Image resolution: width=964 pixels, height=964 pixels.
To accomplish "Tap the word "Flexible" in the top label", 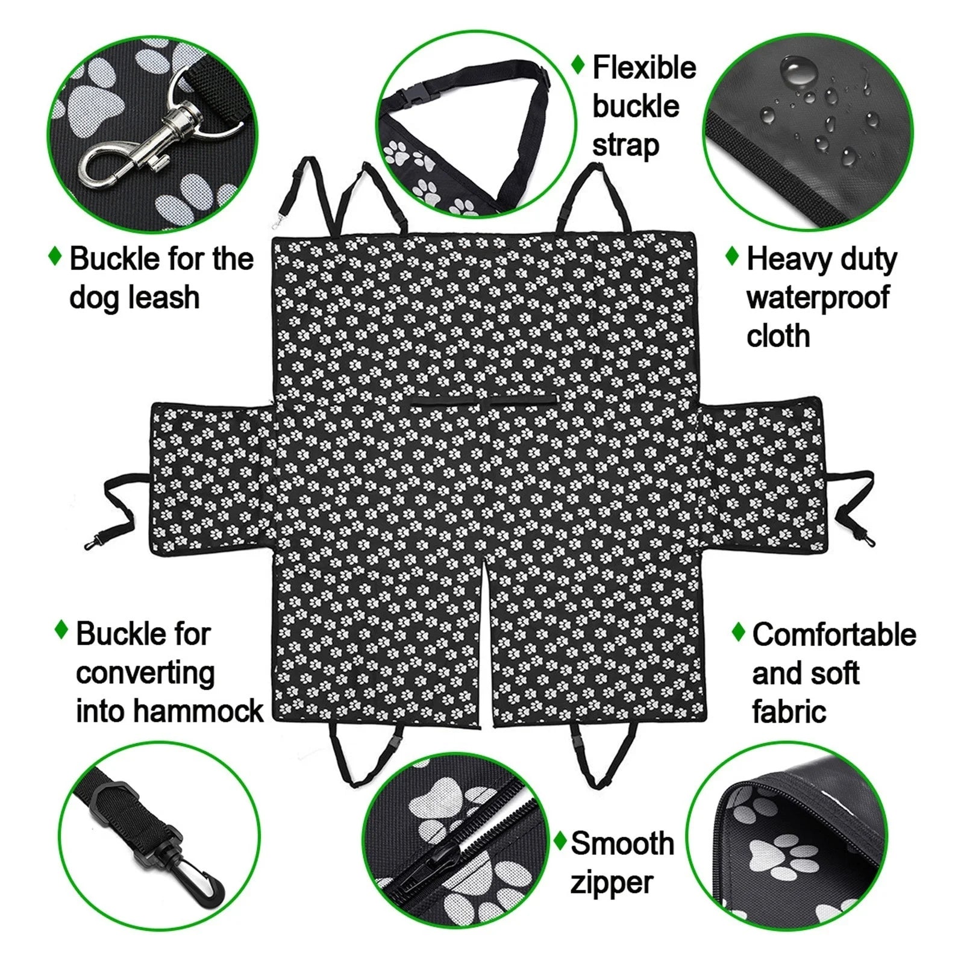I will (643, 67).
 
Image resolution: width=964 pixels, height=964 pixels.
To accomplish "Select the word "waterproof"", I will (818, 298).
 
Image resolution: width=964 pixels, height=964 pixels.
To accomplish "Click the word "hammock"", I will (199, 711).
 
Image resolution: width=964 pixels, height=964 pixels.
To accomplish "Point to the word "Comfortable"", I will (834, 634).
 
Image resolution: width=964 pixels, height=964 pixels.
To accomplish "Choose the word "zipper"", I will (611, 883).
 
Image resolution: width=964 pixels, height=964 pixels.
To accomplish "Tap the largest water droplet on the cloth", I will (799, 72).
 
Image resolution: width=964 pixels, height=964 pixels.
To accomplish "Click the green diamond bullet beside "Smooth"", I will (560, 839).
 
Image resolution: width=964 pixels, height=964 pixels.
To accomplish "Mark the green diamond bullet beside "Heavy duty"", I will (731, 256).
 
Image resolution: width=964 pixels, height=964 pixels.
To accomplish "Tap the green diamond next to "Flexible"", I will (578, 64).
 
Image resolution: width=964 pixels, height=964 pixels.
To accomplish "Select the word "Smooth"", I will (622, 843).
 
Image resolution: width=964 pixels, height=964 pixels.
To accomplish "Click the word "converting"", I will (145, 673).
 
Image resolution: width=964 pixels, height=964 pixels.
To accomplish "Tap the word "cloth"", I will (778, 336).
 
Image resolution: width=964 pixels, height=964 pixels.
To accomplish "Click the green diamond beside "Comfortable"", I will (738, 632).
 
